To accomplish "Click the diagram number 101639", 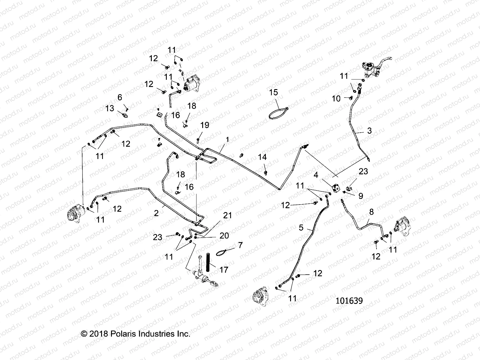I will [349, 301].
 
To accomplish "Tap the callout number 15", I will [274, 92].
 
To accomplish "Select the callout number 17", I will [224, 270].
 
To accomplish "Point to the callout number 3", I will [369, 130].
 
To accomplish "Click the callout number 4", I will [316, 175].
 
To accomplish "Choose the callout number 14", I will [262, 157].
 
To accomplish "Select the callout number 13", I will [110, 108].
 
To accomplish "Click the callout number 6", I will [120, 97].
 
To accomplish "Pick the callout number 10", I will [336, 98].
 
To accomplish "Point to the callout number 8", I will [371, 212].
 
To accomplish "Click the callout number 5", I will [301, 228].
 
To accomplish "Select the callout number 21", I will [228, 215].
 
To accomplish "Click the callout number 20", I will [224, 236].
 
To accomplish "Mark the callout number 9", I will [361, 196].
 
